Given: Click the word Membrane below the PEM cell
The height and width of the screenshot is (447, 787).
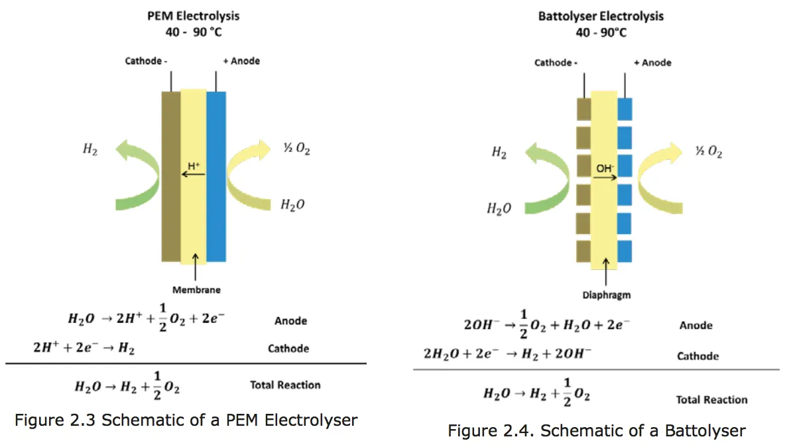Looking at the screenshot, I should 196,290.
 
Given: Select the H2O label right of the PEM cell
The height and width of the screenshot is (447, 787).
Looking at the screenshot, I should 293,205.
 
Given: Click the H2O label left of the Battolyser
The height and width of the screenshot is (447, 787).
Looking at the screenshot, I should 499,208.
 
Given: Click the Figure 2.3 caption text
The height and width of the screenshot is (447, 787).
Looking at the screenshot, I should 186,420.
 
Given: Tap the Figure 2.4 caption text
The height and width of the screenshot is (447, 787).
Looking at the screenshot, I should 596,431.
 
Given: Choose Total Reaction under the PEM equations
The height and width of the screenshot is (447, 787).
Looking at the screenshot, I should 285,385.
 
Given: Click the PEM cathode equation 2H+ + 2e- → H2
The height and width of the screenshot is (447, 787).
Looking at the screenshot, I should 83,348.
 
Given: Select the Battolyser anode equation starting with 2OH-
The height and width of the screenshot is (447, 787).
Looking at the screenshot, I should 547,325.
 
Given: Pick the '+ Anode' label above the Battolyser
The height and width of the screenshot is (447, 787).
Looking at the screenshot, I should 652,62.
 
